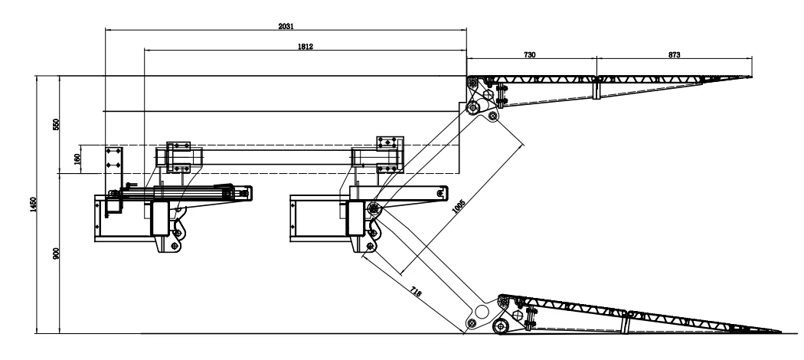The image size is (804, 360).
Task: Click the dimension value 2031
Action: coord(286,26)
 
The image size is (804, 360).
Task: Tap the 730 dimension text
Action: coord(530,55)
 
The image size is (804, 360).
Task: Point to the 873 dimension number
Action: coord(674,55)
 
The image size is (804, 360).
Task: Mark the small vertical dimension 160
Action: coord(77,159)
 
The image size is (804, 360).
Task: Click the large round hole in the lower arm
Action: coord(482,312)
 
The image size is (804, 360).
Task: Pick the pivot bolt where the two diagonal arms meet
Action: coord(374,208)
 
